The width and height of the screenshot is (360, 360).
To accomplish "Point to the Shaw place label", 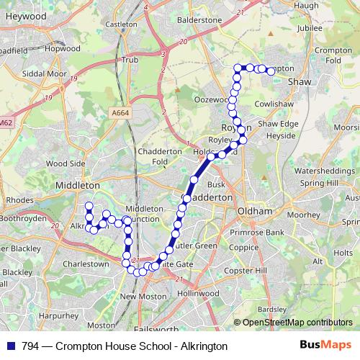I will click(x=300, y=82).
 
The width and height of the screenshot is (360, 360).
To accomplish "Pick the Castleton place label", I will click(x=121, y=24).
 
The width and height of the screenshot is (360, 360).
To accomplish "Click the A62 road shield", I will click(x=6, y=123).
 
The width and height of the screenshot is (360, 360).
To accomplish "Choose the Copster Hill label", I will click(x=258, y=269).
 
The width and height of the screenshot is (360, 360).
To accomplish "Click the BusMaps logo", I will click(x=325, y=346).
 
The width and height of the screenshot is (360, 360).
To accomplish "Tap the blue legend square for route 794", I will click(x=11, y=346).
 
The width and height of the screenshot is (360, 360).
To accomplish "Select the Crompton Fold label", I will click(x=332, y=55).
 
